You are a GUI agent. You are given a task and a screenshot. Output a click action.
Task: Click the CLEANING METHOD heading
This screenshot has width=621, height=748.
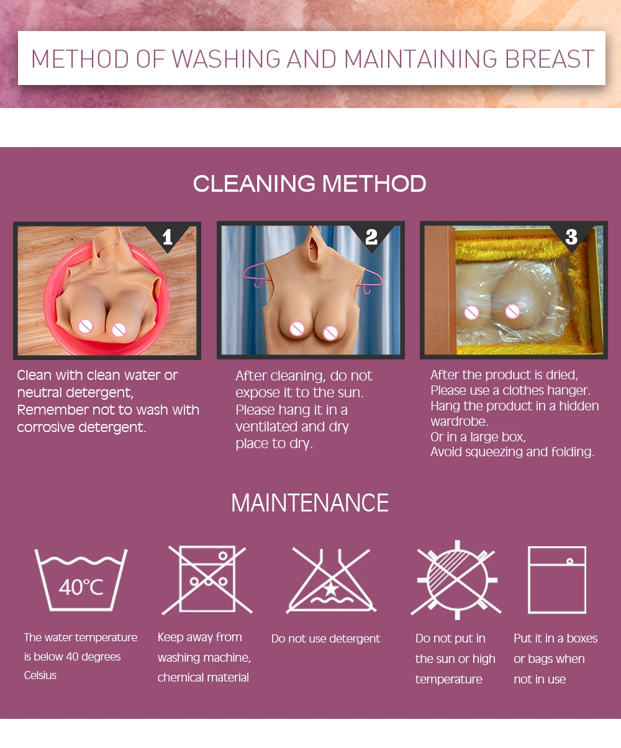pyautogui.click(x=309, y=184)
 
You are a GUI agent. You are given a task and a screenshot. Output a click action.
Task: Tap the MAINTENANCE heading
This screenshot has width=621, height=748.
pyautogui.click(x=310, y=503)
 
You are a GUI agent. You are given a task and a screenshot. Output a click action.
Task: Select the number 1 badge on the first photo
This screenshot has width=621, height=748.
pyautogui.click(x=167, y=237)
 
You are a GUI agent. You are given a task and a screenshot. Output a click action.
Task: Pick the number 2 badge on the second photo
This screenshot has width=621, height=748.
pyautogui.click(x=371, y=237)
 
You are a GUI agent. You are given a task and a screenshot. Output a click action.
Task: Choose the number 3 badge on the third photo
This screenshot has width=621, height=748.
pyautogui.click(x=571, y=237)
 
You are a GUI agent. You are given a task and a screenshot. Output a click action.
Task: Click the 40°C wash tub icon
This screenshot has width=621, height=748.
pyautogui.click(x=81, y=580)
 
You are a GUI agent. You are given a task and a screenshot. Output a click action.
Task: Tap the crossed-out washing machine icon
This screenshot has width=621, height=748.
pyautogui.click(x=207, y=580)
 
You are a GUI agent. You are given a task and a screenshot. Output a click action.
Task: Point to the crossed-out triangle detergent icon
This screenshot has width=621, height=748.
pyautogui.click(x=331, y=581)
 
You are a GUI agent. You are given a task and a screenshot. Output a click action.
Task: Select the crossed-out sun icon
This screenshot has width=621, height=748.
pyautogui.click(x=456, y=580)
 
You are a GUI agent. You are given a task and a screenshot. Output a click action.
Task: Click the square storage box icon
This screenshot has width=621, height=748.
pyautogui.click(x=557, y=580)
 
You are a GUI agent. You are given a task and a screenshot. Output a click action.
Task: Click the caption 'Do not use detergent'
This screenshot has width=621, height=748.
pyautogui.click(x=325, y=639)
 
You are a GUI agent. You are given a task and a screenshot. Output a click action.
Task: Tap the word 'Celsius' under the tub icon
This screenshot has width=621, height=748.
pyautogui.click(x=40, y=675)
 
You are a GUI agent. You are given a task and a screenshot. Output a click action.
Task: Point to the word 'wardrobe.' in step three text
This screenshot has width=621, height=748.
pyautogui.click(x=460, y=421)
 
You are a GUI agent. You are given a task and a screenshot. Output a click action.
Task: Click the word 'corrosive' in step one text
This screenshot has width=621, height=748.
pyautogui.click(x=46, y=428)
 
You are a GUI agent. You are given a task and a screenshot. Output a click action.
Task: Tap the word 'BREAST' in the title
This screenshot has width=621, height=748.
pyautogui.click(x=550, y=59)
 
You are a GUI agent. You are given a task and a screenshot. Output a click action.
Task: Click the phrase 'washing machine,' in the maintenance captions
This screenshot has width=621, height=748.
pyautogui.click(x=204, y=657)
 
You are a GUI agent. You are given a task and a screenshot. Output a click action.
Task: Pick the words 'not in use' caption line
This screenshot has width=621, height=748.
pyautogui.click(x=540, y=680)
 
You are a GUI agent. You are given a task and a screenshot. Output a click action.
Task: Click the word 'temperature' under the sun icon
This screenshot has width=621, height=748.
pyautogui.click(x=448, y=680)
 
